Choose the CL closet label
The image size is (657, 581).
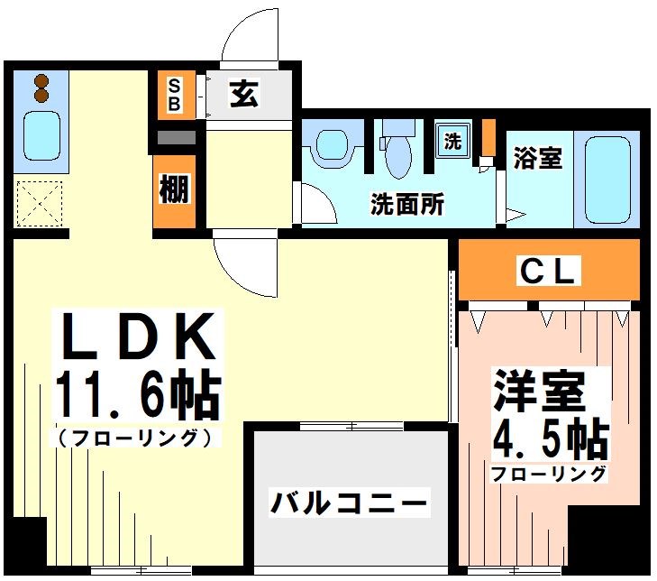click(x=548, y=272)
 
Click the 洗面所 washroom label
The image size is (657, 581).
click(x=407, y=205)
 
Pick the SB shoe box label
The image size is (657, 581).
click(x=175, y=95)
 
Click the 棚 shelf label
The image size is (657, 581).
click(x=174, y=190)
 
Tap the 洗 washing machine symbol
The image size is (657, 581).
click(x=452, y=141)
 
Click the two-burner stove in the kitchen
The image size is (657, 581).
click(x=41, y=88)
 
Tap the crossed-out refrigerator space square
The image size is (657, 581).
click(x=39, y=203)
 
